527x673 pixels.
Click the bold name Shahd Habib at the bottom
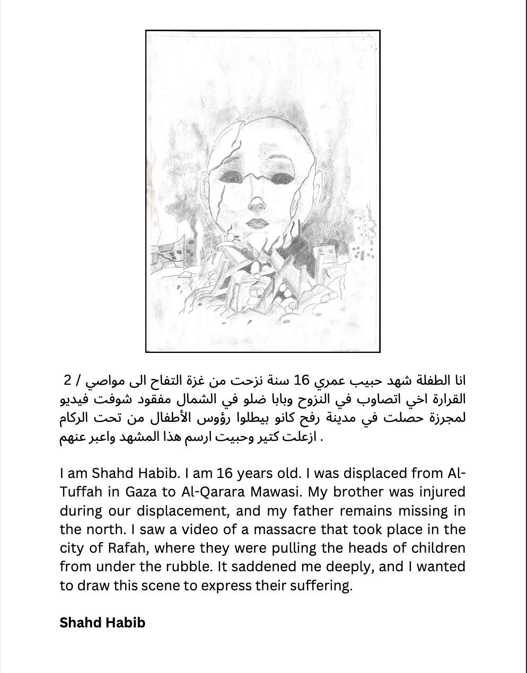coord(102,622)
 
